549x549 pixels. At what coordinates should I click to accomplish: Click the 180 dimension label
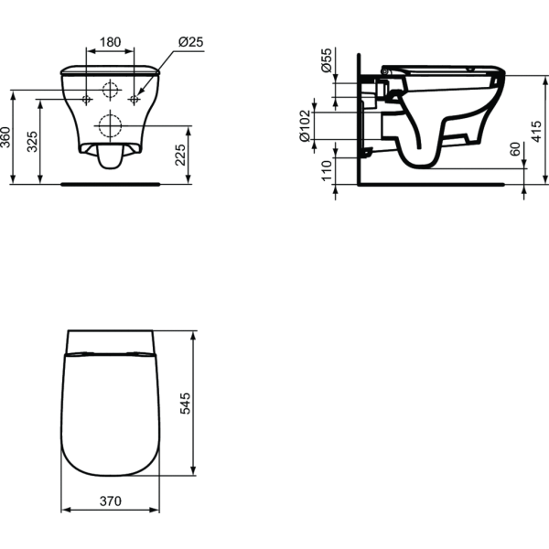coord(111,42)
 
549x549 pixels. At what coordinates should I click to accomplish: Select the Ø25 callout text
coord(191,42)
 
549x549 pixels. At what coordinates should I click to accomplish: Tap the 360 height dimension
coord(5,137)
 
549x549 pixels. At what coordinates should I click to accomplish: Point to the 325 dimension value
coord(32,142)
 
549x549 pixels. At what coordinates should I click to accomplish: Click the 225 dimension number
coord(180,155)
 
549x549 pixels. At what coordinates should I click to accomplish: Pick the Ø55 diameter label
coord(326,60)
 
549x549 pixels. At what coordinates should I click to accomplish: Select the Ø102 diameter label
coord(305,126)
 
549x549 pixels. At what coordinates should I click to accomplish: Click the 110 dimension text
coord(327,170)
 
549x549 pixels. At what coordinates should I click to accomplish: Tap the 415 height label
coord(536,131)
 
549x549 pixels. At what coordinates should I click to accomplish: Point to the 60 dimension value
coord(515,149)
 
